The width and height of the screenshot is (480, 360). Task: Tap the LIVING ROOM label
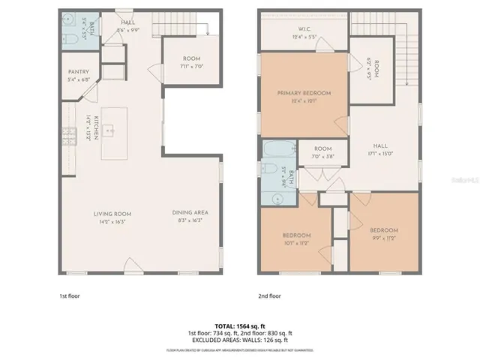[112, 214]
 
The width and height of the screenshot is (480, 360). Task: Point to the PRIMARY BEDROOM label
[304, 93]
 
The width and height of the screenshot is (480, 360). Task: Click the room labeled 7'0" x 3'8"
[322, 149]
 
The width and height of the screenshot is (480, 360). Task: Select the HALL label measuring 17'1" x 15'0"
[382, 149]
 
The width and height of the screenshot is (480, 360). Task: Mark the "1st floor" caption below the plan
[69, 295]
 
